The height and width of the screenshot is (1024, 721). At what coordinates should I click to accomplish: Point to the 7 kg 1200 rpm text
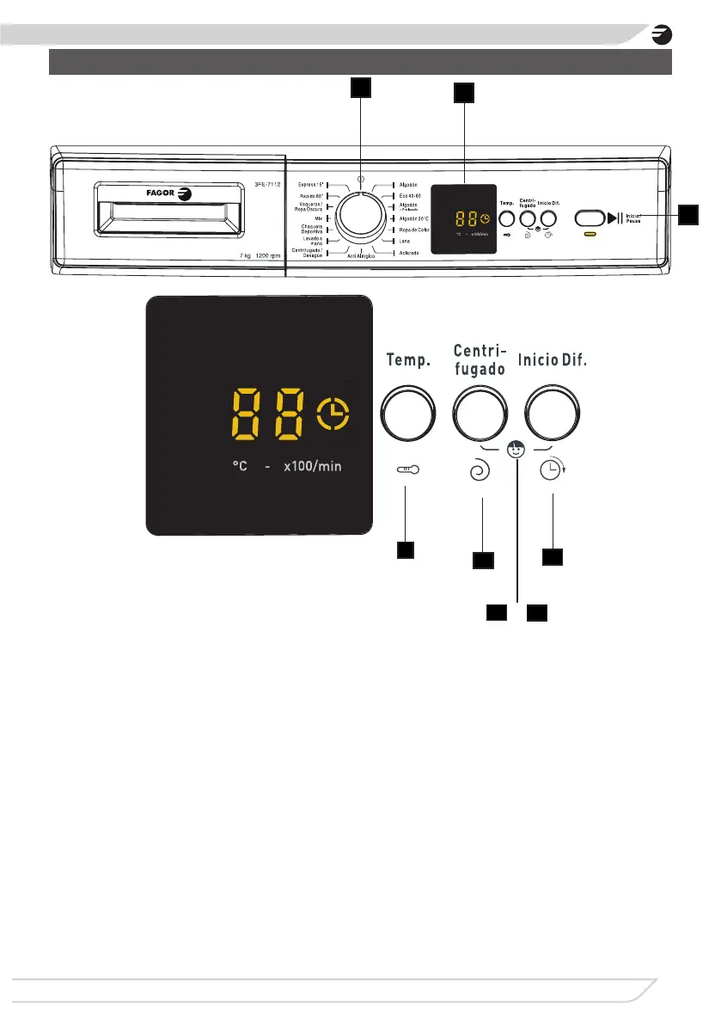[256, 256]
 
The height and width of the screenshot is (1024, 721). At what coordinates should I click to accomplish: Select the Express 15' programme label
[309, 184]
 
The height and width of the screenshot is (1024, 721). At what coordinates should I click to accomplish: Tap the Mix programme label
[317, 219]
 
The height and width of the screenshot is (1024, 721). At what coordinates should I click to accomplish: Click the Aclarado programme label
[409, 254]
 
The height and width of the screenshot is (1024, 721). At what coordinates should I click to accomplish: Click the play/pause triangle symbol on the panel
[614, 217]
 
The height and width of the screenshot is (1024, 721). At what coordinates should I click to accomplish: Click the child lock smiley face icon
[516, 448]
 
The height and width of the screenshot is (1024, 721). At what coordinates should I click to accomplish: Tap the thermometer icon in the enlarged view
[407, 469]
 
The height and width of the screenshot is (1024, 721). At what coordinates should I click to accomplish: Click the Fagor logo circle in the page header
[661, 36]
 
